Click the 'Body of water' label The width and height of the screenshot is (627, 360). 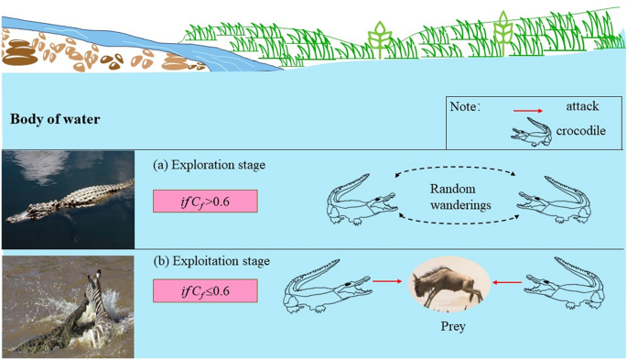pyautogui.click(x=55, y=119)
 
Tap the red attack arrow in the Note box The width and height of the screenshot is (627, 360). pyautogui.click(x=528, y=111)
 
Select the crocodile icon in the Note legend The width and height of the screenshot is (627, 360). pyautogui.click(x=531, y=132)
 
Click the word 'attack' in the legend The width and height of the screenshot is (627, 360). pyautogui.click(x=582, y=106)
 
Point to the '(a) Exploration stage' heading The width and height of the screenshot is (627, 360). pyautogui.click(x=209, y=165)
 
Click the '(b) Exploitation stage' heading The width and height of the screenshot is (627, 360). pyautogui.click(x=211, y=261)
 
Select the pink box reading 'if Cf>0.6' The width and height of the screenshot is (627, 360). pyautogui.click(x=205, y=201)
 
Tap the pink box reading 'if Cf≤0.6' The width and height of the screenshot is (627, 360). pyautogui.click(x=205, y=290)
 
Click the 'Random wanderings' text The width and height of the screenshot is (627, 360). pyautogui.click(x=460, y=197)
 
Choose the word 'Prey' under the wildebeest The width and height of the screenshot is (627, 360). pyautogui.click(x=453, y=326)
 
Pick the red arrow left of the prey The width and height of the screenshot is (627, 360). pyautogui.click(x=387, y=281)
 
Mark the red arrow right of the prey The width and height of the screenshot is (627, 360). pyautogui.click(x=507, y=282)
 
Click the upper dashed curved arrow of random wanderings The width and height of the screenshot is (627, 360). pyautogui.click(x=455, y=167)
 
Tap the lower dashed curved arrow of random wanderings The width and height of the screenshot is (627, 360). pyautogui.click(x=459, y=223)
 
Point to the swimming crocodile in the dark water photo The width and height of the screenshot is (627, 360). pyautogui.click(x=70, y=200)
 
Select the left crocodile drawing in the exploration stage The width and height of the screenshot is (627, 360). pyautogui.click(x=362, y=200)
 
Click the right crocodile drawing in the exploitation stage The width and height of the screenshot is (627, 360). pyautogui.click(x=564, y=284)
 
